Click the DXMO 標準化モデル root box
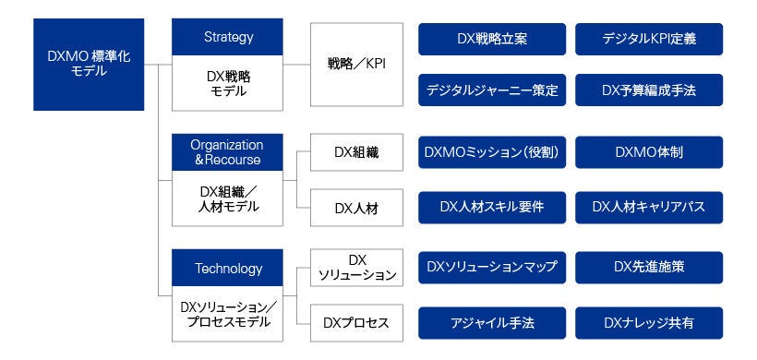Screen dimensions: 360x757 89,64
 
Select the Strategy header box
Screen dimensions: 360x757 228,38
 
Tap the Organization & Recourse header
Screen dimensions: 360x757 227,152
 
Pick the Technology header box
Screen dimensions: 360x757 228,269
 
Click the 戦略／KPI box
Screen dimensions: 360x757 356,65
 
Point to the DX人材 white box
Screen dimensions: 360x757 356,208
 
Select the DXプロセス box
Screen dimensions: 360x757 356,323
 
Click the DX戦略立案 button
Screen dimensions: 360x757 492,39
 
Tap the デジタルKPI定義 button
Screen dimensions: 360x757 649,39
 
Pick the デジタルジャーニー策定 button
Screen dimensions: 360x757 492,90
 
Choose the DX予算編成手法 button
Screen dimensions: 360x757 649,90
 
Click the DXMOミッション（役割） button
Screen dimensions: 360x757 492,153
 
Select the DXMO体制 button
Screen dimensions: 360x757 649,153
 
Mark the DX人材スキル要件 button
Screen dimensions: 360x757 492,207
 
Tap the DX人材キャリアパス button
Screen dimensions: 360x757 649,207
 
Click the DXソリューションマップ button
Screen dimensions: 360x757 492,268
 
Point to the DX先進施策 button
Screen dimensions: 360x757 649,268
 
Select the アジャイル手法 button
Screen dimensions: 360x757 492,323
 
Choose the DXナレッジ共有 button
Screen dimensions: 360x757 649,323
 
